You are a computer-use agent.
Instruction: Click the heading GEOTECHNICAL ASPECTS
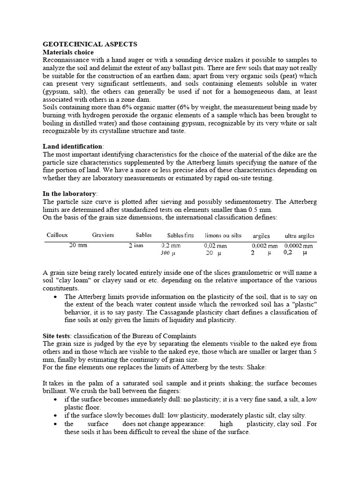(90, 44)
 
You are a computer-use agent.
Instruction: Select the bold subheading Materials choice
(68, 52)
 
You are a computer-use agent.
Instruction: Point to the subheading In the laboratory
(70, 194)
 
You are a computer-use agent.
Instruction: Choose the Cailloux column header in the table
(58, 235)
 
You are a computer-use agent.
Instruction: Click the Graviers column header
(103, 235)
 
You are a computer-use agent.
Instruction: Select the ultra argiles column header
(300, 236)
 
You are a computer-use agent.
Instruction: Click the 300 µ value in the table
(167, 253)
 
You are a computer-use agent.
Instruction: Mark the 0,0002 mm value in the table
(299, 245)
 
